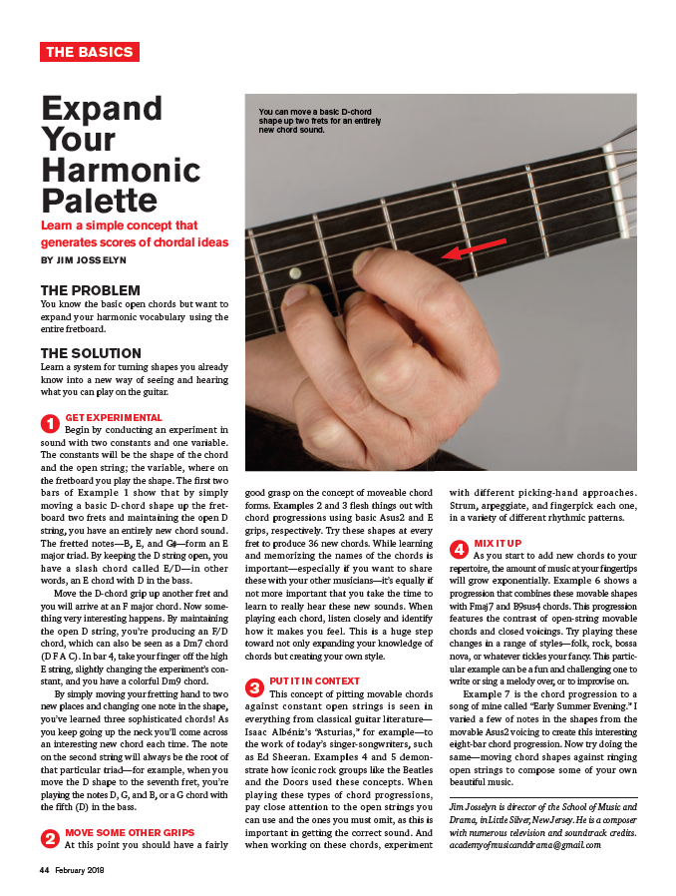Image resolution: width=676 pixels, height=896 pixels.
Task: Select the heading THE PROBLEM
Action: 90,290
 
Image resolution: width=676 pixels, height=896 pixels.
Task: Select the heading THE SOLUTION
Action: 91,353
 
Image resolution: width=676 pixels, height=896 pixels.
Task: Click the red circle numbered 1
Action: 49,422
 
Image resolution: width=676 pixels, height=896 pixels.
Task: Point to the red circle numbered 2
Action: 49,839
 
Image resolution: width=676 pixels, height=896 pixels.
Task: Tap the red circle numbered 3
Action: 254,686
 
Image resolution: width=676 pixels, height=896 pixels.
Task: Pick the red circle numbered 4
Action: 460,548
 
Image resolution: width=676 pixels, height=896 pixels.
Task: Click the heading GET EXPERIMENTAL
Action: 113,417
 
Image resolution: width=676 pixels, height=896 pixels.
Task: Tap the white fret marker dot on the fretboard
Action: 295,272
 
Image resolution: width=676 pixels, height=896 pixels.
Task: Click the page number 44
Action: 45,870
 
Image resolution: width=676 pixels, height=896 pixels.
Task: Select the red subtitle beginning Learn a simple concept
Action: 134,233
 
